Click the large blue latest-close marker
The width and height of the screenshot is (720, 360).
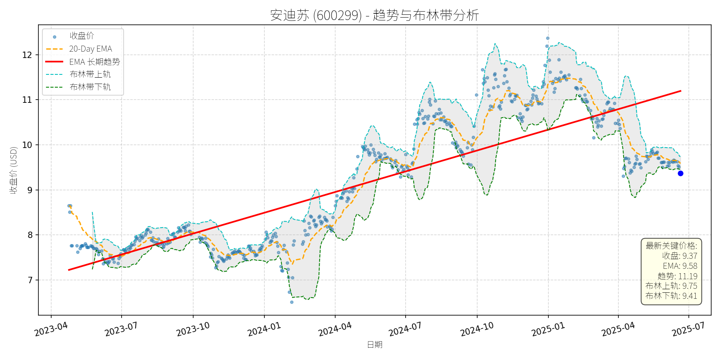(680, 173)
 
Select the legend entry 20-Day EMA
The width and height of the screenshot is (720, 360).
(90, 49)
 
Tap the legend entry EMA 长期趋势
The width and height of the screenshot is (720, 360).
(94, 62)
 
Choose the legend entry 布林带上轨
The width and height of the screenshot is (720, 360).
(90, 74)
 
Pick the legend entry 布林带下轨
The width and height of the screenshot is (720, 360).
(90, 87)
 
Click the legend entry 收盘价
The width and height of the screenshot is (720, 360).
(82, 36)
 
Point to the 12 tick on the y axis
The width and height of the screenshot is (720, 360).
(27, 55)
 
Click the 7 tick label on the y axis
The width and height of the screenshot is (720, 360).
(30, 280)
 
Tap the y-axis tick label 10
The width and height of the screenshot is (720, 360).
(27, 145)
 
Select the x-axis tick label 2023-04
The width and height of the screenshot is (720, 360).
(51, 330)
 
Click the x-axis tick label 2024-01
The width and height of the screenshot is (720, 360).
(264, 330)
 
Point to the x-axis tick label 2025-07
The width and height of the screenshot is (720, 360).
(688, 330)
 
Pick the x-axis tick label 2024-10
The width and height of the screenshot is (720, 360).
(476, 330)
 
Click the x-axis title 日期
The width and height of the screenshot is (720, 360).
(375, 344)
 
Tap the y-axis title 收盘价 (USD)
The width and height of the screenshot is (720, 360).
(14, 170)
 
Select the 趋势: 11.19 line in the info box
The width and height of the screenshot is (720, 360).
(677, 276)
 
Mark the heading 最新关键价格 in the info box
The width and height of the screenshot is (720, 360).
(671, 246)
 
